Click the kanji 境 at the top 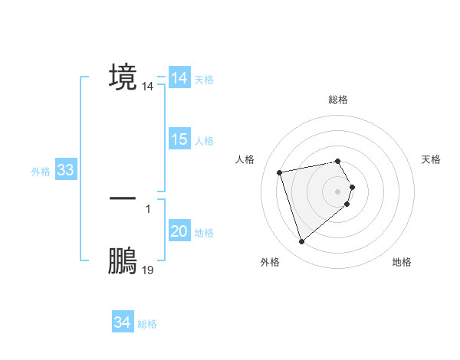click(x=123, y=77)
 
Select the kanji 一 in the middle click(x=123, y=198)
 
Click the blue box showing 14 click(x=179, y=79)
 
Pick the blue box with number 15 click(x=179, y=140)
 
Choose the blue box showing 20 click(x=179, y=232)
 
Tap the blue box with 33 click(x=65, y=171)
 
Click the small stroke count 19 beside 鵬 click(x=148, y=270)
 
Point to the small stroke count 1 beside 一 click(x=148, y=207)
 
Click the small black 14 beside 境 click(x=148, y=87)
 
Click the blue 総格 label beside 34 click(x=147, y=324)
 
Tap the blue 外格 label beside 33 click(x=41, y=172)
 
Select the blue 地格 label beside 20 click(x=205, y=233)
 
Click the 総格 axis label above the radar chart click(x=338, y=100)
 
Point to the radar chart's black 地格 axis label click(x=402, y=263)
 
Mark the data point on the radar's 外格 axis click(x=301, y=242)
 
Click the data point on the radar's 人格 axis click(x=280, y=172)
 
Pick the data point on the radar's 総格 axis click(x=338, y=161)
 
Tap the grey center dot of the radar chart click(x=338, y=191)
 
